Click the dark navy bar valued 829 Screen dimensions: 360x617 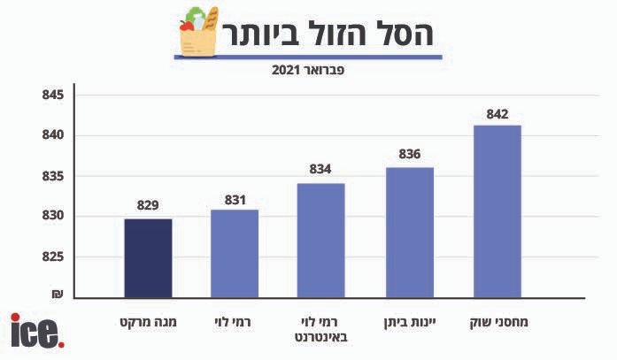coord(148,257)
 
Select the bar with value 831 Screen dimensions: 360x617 coord(235,253)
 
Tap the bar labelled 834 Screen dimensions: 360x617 coord(320,240)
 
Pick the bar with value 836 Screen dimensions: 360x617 coord(410,232)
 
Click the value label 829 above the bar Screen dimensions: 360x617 coord(148,205)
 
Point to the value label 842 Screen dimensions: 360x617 coord(497,113)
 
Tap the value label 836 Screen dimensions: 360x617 coord(410,154)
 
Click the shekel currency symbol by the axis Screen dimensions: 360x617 coord(57,294)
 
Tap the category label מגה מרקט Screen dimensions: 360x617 coord(148,321)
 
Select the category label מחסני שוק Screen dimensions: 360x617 coord(497,321)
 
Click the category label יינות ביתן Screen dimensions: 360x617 coord(410,321)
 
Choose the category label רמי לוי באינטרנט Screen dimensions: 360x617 coord(320,329)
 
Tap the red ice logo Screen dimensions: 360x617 coord(36,331)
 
